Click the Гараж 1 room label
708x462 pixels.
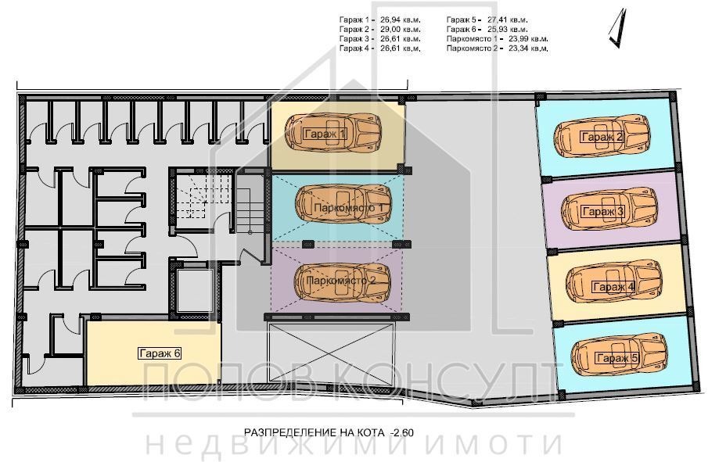point(324,135)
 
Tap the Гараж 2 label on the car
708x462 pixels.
point(602,138)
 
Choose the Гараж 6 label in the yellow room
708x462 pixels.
point(160,353)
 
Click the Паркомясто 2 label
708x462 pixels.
point(343,279)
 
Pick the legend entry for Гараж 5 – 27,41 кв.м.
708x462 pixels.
point(487,18)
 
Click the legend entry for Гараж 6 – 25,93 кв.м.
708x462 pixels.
point(487,28)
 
